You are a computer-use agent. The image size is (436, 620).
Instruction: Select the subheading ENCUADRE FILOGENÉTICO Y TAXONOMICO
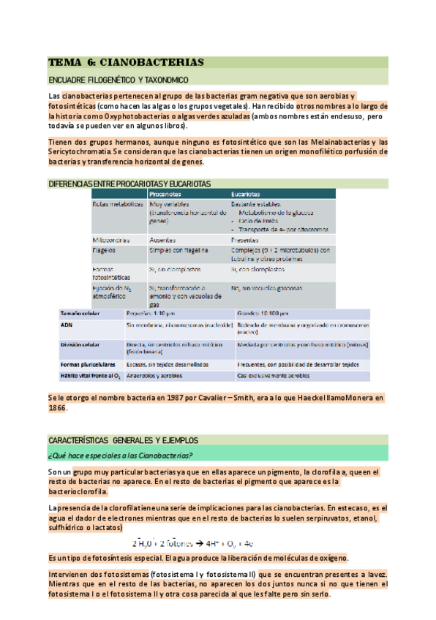coord(118,80)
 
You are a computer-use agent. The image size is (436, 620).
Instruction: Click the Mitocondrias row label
coord(111,240)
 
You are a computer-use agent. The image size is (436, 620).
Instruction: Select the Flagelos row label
coord(105,251)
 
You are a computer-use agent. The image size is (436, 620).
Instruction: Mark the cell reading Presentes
coord(244,240)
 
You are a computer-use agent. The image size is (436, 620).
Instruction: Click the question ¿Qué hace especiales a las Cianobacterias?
coord(119,455)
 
